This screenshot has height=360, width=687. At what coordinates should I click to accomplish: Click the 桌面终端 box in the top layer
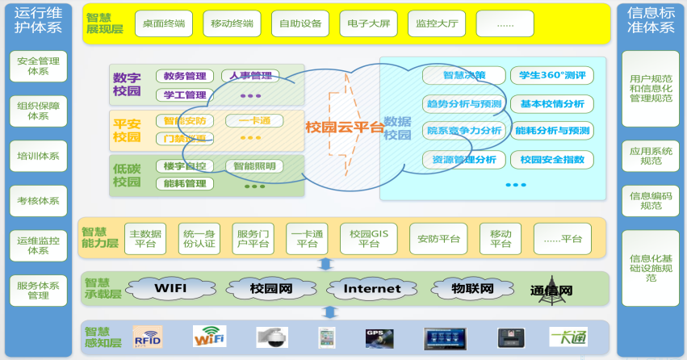click(163, 23)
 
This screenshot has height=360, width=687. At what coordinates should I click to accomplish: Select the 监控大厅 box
click(436, 23)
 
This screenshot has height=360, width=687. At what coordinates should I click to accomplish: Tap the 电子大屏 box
click(367, 23)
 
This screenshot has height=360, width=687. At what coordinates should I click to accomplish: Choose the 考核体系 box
click(38, 200)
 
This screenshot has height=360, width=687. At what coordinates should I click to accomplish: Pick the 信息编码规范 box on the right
click(650, 200)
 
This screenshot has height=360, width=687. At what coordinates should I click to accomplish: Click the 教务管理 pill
click(185, 77)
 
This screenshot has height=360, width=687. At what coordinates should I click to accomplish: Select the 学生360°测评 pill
click(552, 76)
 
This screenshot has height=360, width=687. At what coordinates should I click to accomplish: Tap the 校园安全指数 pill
click(552, 160)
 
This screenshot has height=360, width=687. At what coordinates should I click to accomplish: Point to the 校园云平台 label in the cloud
click(344, 127)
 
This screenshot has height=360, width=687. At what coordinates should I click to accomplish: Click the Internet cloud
click(372, 288)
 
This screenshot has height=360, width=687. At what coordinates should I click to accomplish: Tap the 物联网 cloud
click(473, 288)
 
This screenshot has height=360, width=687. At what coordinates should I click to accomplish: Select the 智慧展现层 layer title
click(104, 24)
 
